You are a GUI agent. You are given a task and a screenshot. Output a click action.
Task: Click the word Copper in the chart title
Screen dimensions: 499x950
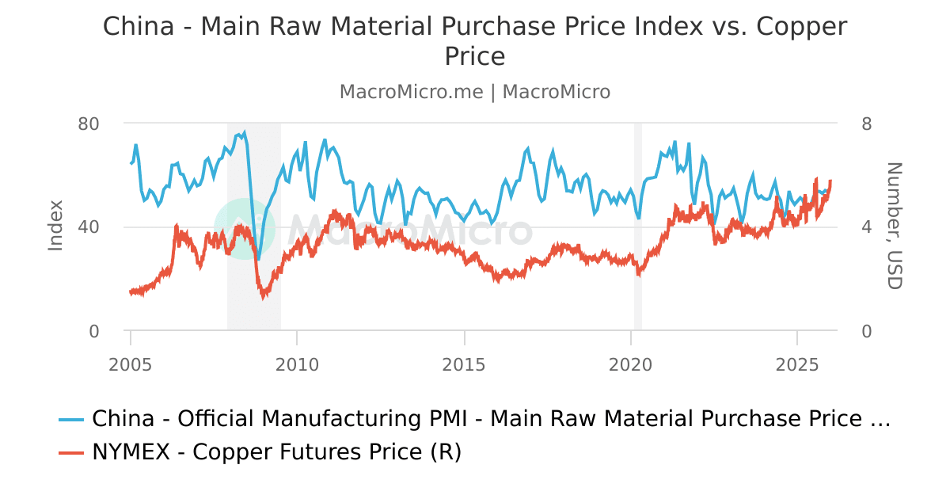(802, 26)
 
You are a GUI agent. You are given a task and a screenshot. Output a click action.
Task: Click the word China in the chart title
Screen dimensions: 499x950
(138, 26)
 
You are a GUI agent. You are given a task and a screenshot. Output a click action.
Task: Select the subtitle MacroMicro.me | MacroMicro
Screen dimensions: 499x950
(475, 92)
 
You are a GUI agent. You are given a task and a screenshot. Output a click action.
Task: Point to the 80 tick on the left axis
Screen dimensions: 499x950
(89, 124)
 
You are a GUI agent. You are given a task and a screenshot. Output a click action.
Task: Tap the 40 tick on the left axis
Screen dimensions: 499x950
(89, 227)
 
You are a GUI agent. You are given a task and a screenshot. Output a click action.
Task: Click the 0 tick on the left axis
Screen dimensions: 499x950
(94, 331)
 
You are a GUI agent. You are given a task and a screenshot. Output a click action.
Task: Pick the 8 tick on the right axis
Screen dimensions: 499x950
(867, 124)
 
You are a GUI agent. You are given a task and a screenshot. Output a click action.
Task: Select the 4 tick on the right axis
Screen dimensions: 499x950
(867, 227)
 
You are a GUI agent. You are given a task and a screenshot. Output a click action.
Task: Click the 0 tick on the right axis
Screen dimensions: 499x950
(867, 331)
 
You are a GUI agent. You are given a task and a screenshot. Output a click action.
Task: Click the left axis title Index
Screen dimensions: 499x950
(55, 226)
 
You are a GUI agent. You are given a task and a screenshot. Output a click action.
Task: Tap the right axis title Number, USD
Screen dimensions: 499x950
(894, 226)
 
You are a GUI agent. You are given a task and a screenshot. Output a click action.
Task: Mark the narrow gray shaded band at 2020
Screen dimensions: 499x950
(637, 226)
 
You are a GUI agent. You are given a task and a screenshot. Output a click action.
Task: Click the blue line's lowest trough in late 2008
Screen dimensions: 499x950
(258, 258)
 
